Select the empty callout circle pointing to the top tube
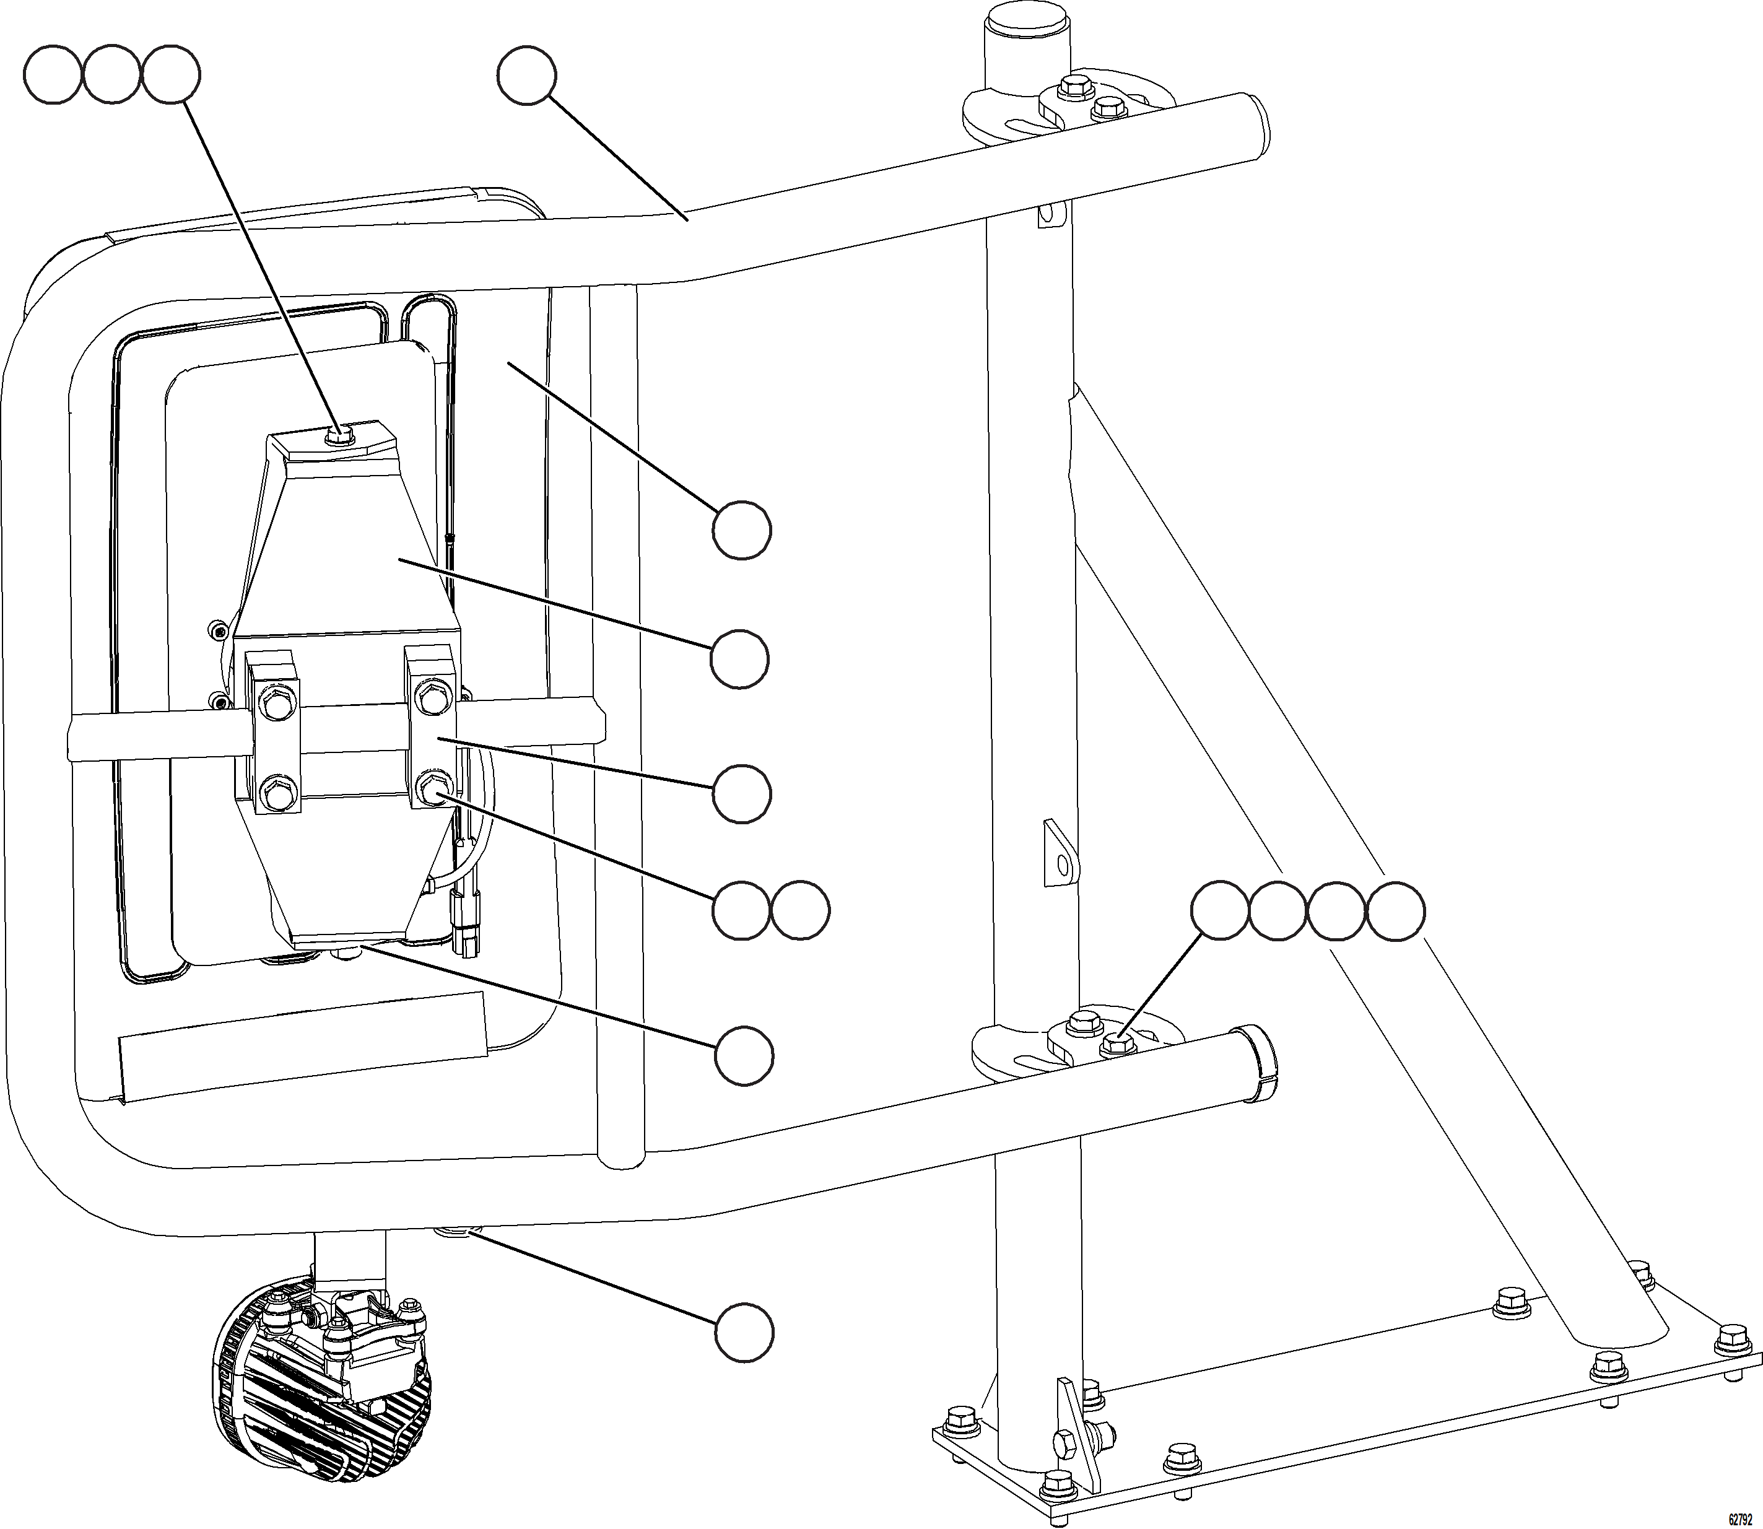point(526,76)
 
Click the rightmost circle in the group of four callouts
point(1396,911)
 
